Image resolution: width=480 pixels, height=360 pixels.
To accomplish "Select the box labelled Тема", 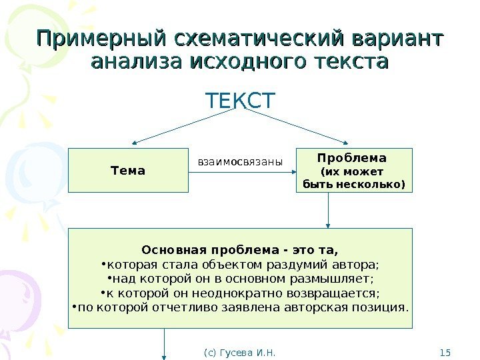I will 129,170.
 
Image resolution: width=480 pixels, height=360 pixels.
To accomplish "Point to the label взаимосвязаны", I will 240,161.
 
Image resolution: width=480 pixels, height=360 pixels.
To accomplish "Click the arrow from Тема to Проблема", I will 242,173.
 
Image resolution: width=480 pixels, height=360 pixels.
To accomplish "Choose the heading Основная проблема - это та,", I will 240,251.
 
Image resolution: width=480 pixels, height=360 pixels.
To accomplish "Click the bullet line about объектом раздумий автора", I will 240,265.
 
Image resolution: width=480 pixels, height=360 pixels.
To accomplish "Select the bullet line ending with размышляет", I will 240,279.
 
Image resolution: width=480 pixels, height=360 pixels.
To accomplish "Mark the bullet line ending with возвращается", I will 240,293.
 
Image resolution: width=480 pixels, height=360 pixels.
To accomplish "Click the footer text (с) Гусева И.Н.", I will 239,351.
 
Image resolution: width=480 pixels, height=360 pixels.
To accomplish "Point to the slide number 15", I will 446,351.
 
